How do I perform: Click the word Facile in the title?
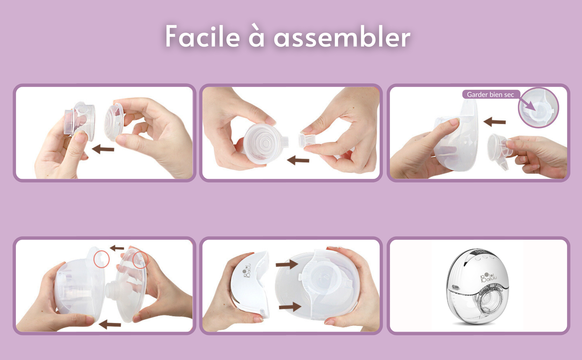203,36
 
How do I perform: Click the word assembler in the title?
342,36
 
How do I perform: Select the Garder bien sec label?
490,94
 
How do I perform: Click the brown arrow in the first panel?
103,149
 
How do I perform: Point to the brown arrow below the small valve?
298,160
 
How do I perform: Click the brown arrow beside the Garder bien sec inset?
494,121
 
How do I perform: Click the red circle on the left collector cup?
101,259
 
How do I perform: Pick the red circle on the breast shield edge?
140,259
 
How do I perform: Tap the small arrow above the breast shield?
117,248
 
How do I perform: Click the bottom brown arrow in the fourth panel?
110,324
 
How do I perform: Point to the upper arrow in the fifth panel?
287,264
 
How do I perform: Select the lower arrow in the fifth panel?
290,307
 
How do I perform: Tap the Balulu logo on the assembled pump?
488,277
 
